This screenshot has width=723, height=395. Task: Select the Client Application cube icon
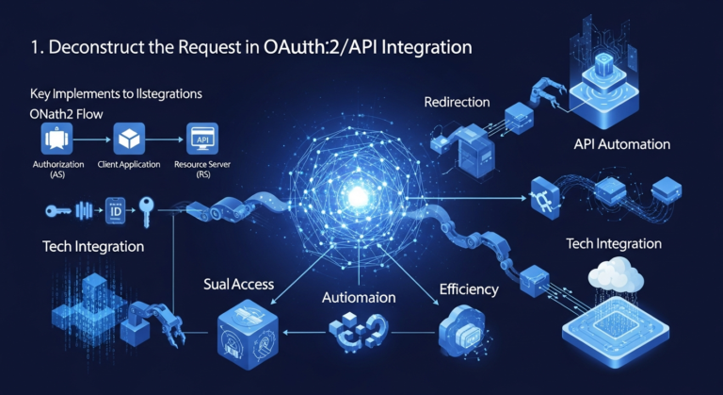coord(128,140)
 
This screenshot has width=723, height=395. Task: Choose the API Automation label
coord(620,144)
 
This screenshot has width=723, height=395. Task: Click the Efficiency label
coord(469,288)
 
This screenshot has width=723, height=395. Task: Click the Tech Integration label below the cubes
coord(614,243)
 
